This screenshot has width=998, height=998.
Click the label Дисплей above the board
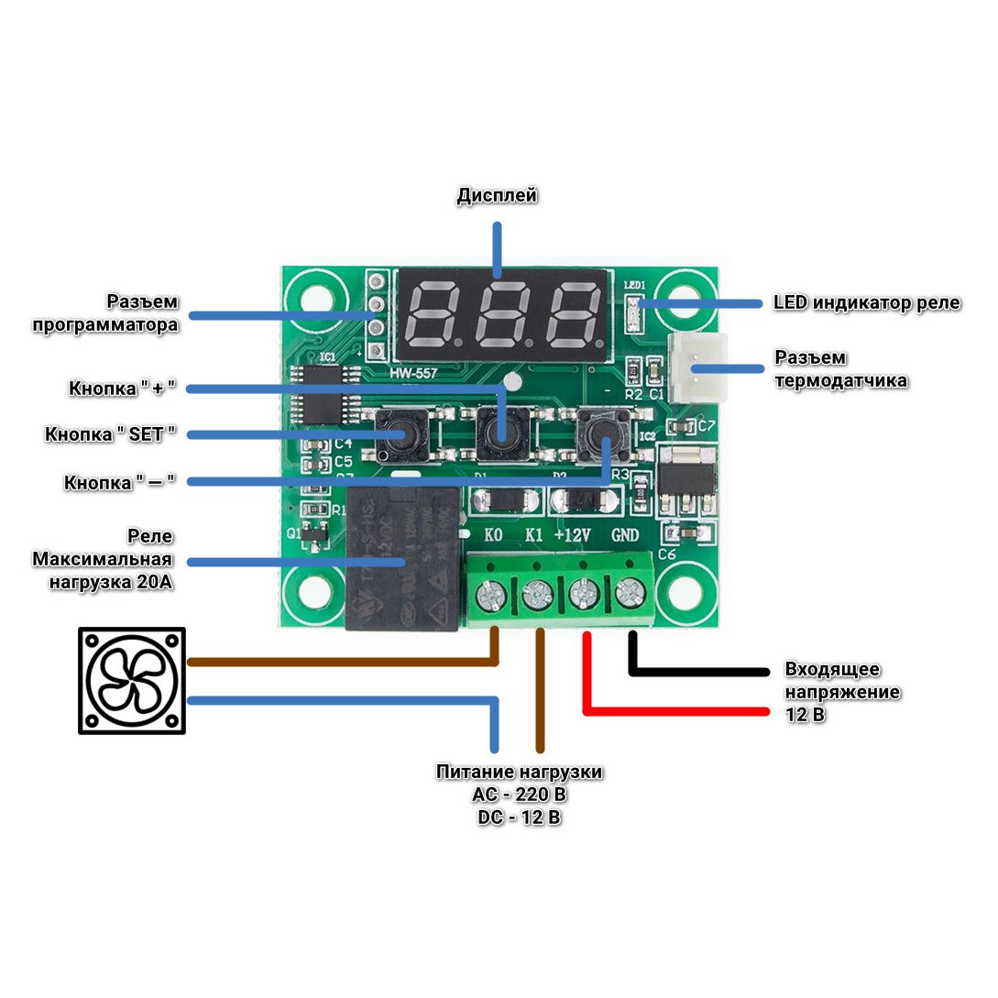[497, 195]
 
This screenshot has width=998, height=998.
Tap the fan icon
[132, 680]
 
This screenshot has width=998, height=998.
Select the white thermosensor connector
[698, 367]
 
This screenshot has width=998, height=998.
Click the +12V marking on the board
[573, 535]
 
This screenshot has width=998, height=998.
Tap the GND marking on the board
[624, 535]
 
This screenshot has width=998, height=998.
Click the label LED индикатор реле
[866, 302]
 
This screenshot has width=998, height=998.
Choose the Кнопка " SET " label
[110, 434]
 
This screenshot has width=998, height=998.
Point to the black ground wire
[696, 672]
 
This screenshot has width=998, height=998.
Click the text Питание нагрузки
[519, 772]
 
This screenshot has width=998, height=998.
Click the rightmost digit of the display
[576, 312]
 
